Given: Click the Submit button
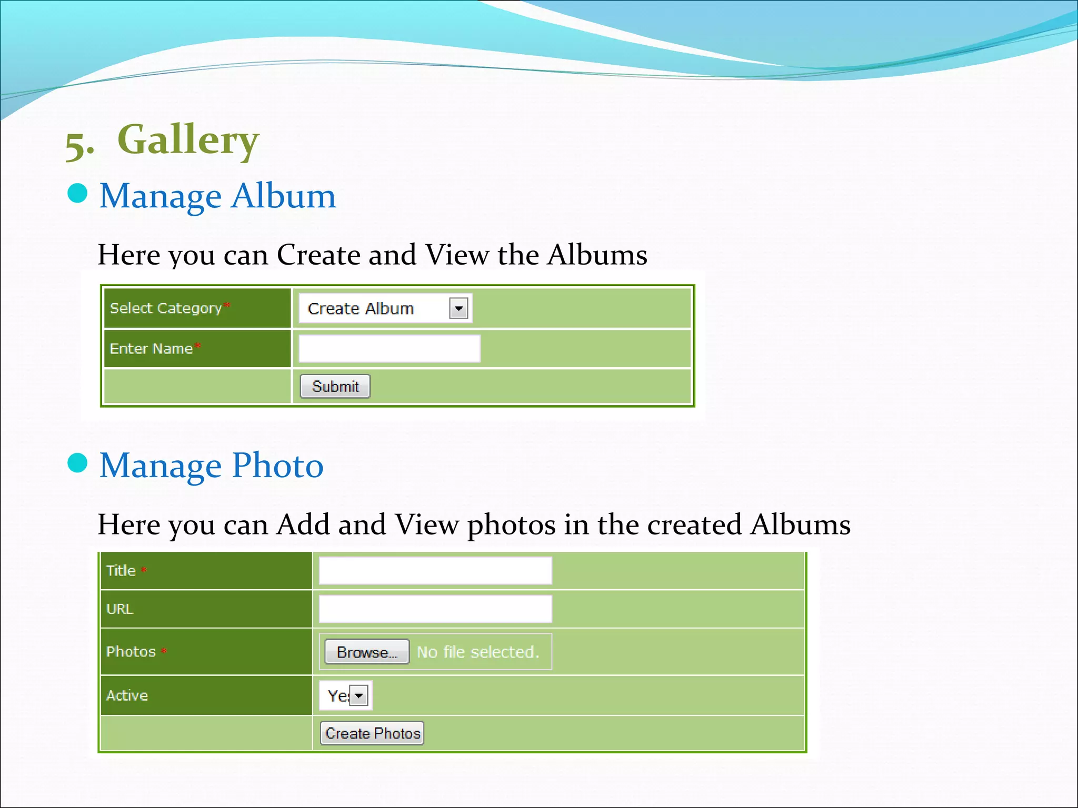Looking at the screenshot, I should point(335,386).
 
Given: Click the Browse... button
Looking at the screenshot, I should point(366,652).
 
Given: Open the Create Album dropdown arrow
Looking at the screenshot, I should point(458,308).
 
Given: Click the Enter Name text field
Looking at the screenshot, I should point(389,348).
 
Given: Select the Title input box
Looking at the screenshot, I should point(435,570).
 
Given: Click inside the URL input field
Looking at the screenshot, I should point(435,609).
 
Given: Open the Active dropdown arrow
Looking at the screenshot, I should point(359,695).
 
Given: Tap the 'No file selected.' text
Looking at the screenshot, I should point(478,652).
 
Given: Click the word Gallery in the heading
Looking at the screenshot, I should point(188,140).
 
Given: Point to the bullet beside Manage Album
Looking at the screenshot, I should point(77,194).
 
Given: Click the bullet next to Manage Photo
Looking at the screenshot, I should point(77,463).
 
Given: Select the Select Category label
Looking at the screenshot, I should point(165,308).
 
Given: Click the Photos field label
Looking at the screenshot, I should point(131,651).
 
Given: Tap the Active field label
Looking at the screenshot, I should point(127,695).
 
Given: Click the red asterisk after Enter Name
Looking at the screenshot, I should point(197,346).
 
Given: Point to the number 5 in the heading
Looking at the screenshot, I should point(77,145).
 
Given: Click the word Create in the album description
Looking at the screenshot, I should point(318,255).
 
